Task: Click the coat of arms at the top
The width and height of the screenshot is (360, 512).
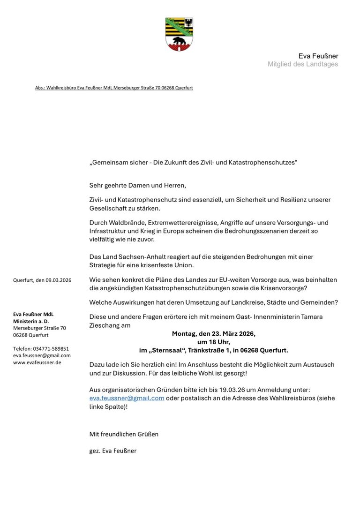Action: click(179, 34)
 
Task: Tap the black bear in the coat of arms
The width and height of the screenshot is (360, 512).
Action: click(179, 42)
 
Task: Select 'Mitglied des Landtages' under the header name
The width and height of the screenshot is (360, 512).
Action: click(302, 64)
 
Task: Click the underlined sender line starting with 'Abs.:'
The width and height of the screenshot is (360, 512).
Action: click(114, 88)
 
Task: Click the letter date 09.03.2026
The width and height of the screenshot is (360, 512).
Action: click(58, 280)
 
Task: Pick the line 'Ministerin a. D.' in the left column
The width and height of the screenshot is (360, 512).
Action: click(31, 321)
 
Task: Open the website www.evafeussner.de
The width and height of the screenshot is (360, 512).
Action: click(37, 362)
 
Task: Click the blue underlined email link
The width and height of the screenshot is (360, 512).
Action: click(127, 398)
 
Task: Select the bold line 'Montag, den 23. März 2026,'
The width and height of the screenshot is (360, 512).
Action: click(213, 334)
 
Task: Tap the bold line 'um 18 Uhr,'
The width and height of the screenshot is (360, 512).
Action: click(213, 342)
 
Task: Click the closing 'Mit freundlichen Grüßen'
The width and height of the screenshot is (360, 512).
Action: click(124, 434)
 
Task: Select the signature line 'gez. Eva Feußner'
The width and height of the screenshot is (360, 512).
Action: click(112, 451)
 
